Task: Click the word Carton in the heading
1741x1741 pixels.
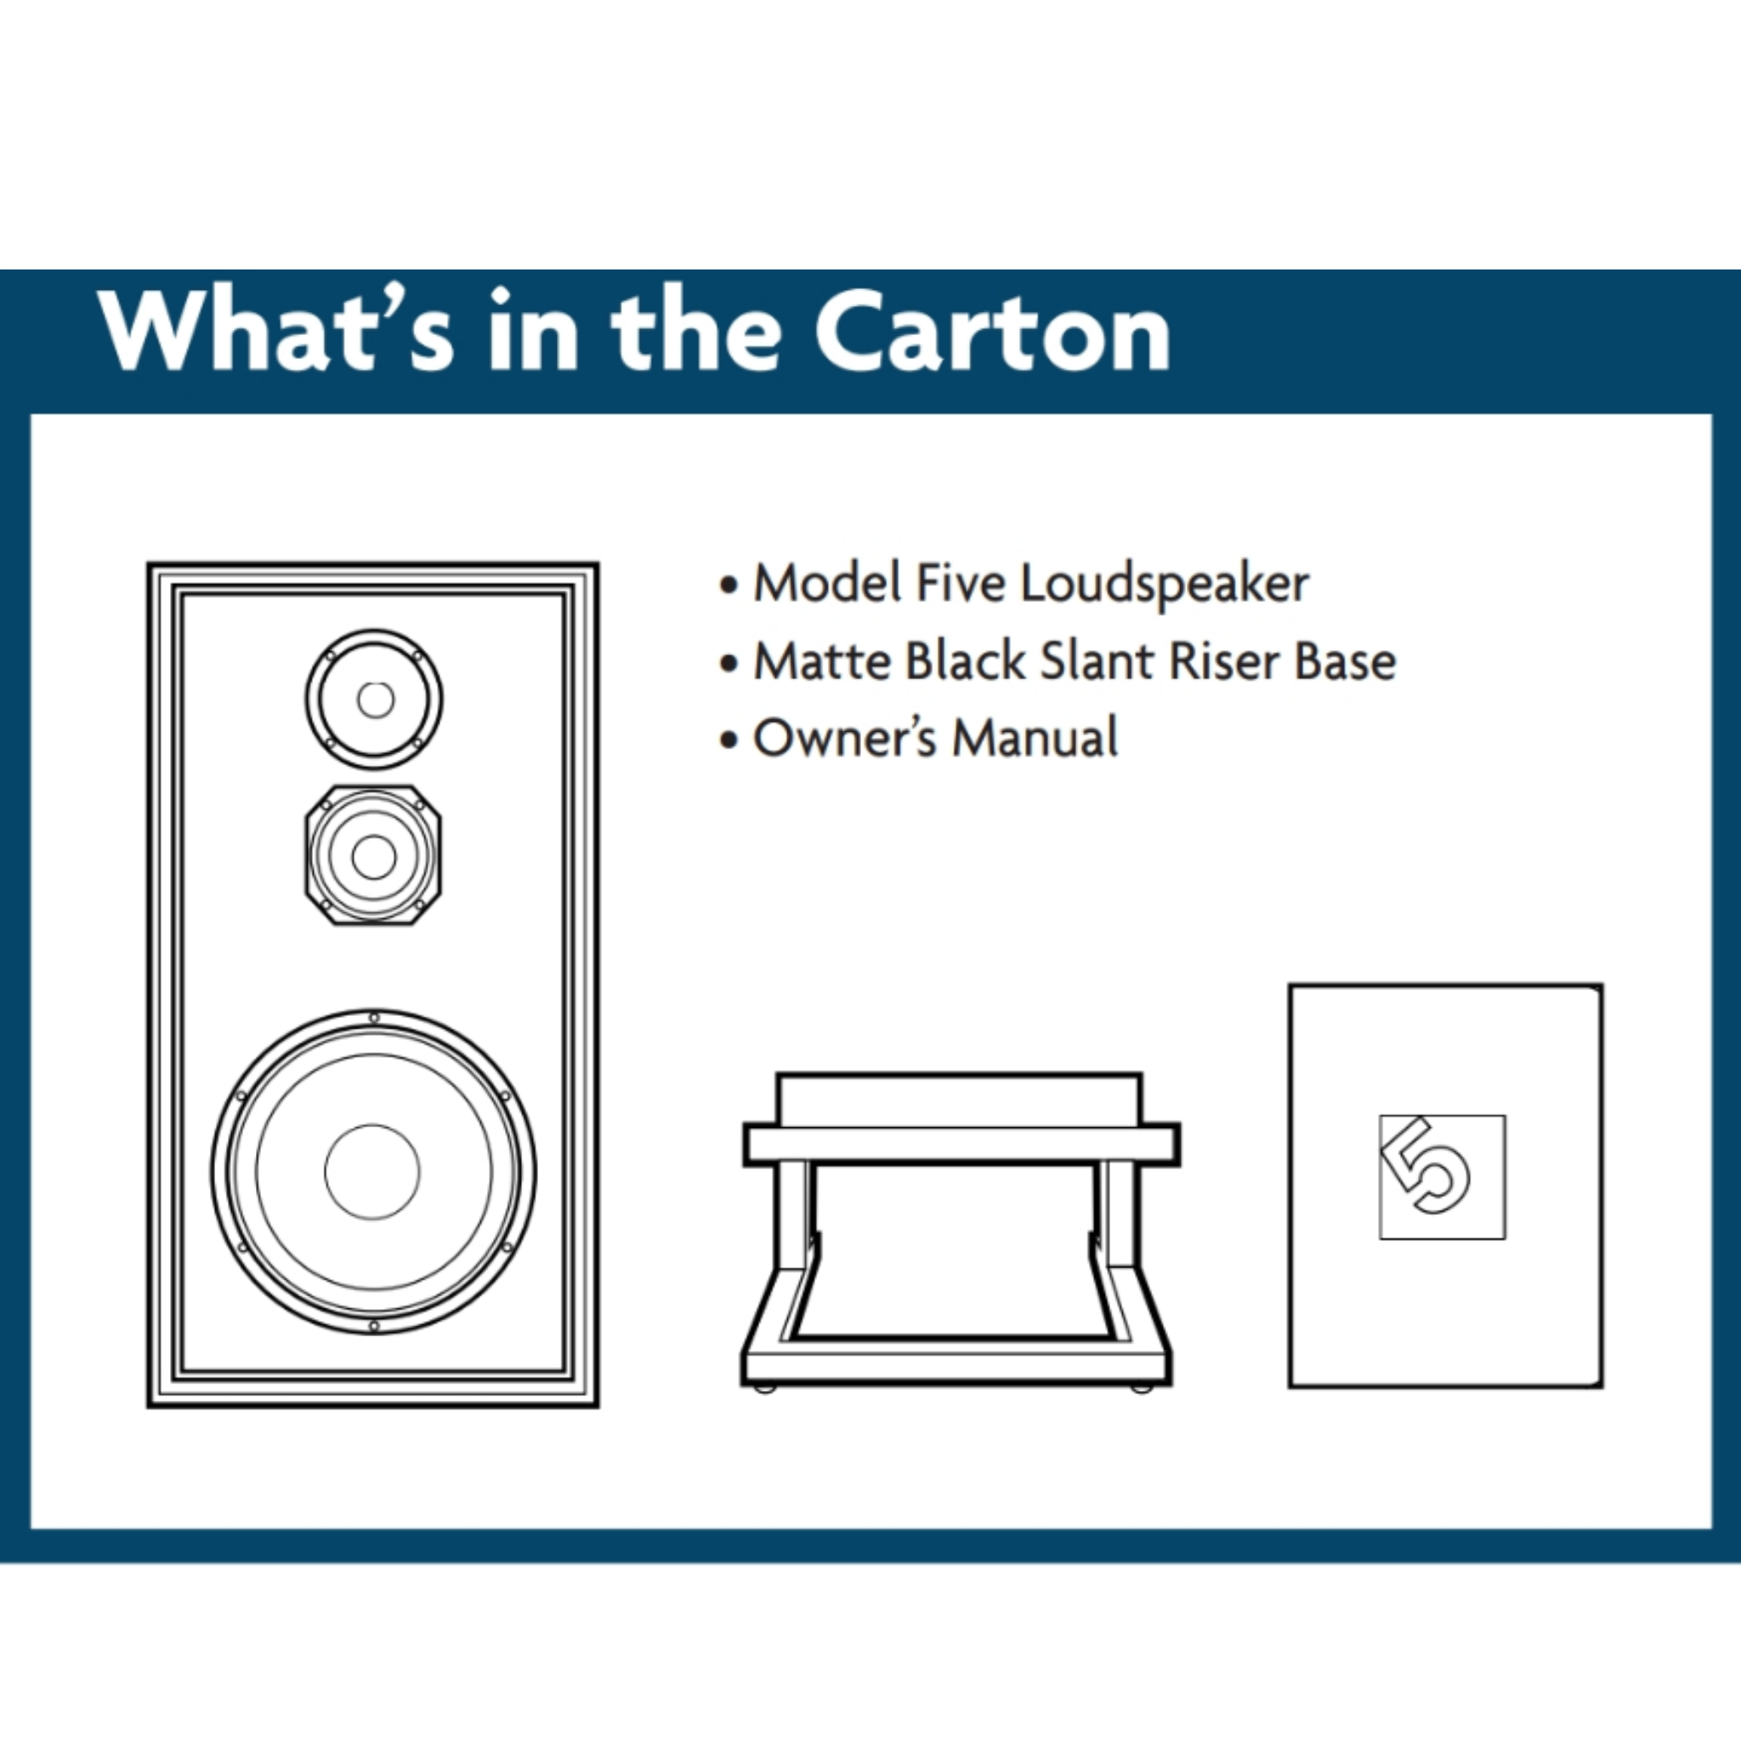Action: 993,332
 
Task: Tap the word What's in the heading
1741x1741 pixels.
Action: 275,330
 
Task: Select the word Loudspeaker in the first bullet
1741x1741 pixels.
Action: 1165,585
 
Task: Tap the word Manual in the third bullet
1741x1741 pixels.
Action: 1035,738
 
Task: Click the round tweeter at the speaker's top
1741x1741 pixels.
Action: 374,700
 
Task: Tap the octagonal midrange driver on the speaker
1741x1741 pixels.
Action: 373,855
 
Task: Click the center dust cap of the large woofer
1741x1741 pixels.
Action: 372,1171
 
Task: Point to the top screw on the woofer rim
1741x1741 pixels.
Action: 374,1018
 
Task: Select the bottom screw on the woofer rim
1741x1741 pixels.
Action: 374,1326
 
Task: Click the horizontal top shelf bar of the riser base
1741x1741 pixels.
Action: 961,1144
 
